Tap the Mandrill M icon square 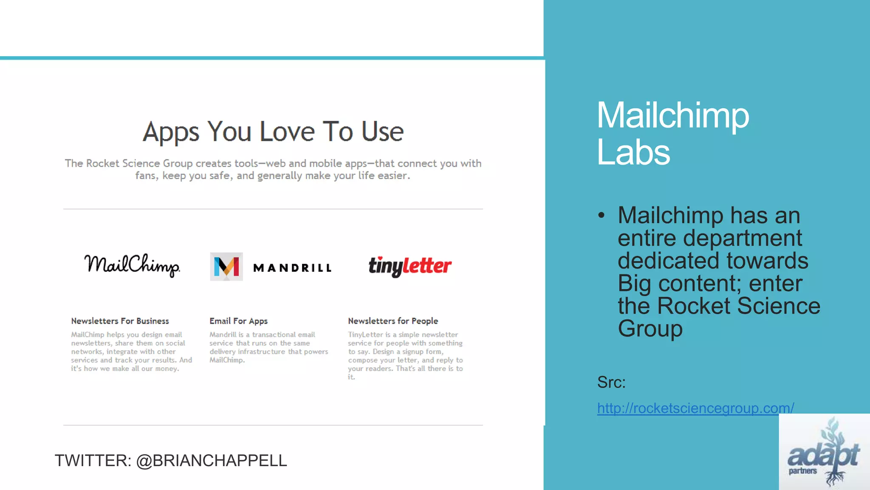226,267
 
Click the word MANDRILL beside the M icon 292,268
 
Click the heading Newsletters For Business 120,321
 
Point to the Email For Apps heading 238,321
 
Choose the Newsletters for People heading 393,321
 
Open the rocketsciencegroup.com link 695,408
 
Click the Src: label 611,382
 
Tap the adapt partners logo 824,453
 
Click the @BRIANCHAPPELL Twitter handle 212,461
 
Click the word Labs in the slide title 633,152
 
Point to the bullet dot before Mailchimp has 601,215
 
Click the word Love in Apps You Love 287,131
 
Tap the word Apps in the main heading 171,132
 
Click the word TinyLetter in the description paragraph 365,335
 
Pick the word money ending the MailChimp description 166,369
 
